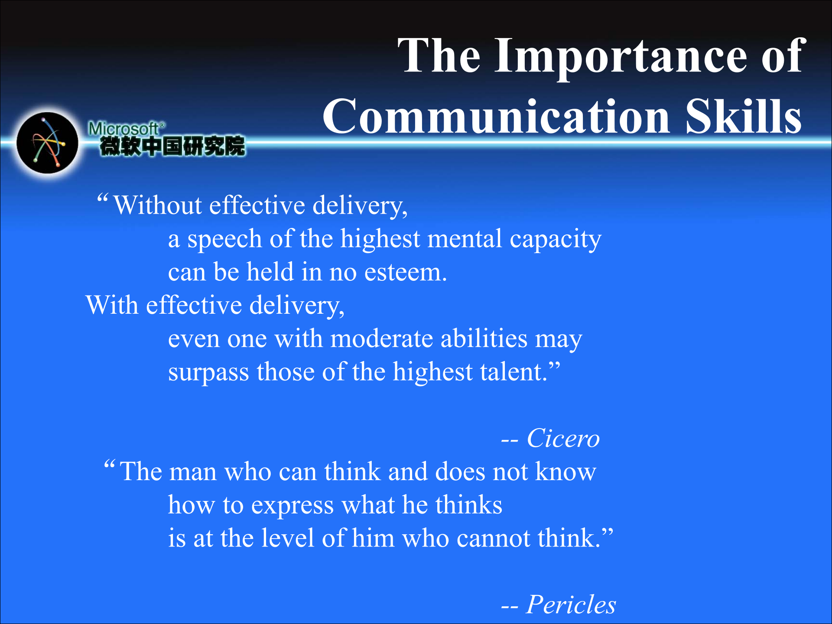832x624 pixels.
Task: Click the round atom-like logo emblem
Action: [x=48, y=143]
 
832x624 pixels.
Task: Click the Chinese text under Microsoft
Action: [x=172, y=146]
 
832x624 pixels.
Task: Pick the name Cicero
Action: [x=563, y=438]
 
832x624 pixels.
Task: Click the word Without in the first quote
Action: [x=158, y=205]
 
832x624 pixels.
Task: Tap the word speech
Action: [x=224, y=240]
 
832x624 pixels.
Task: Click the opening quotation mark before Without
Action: [x=102, y=198]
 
